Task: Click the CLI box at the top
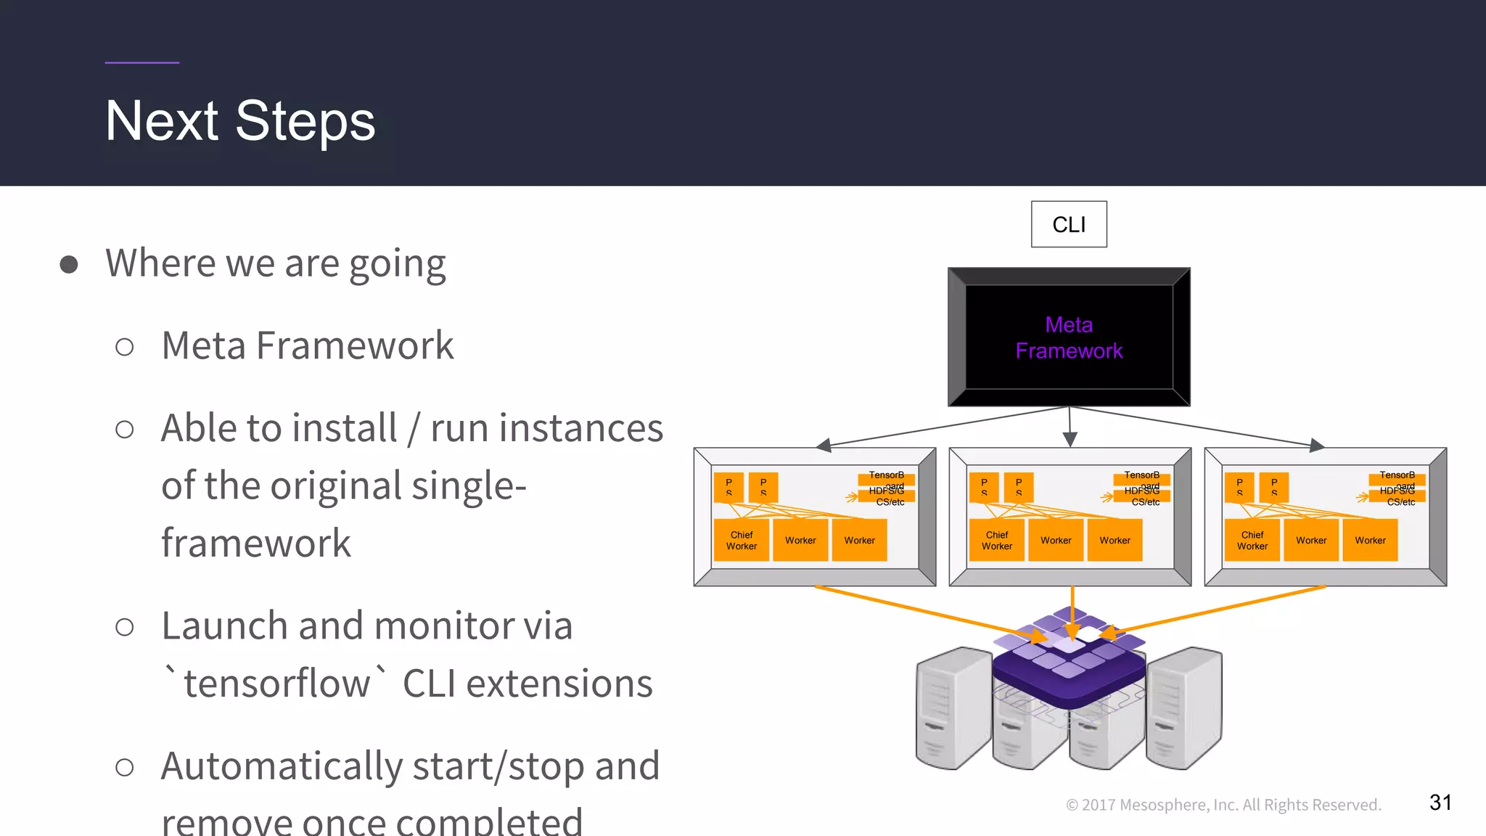(1069, 224)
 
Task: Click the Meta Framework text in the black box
(1069, 337)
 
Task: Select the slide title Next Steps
(240, 120)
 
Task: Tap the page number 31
(1440, 802)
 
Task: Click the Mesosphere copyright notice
(1223, 805)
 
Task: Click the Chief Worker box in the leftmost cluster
(742, 540)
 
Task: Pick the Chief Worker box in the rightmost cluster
(1252, 540)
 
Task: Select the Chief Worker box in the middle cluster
(997, 540)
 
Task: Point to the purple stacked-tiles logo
(1068, 664)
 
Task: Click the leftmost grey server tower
(953, 708)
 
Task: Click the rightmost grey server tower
(1184, 708)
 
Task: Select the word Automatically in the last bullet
(282, 766)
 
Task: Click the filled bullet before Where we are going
(69, 264)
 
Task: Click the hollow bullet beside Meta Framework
(125, 347)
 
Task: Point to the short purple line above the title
(141, 62)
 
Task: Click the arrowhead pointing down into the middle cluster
(1070, 439)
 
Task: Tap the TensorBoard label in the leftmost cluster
(887, 478)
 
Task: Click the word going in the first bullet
(397, 264)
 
